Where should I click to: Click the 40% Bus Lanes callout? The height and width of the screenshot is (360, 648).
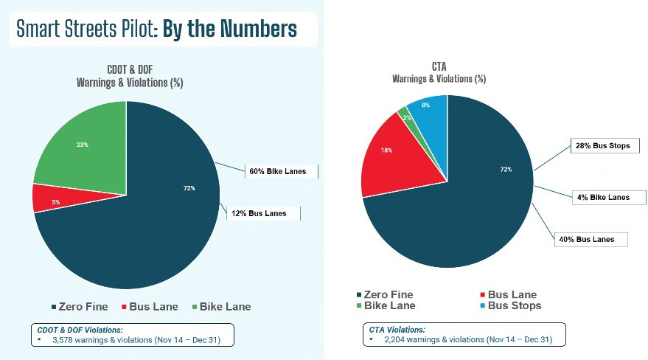coord(591,240)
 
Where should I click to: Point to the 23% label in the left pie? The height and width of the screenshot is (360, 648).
coord(82,145)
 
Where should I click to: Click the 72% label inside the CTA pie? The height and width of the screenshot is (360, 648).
coord(506,170)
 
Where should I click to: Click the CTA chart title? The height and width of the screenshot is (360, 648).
coord(439,67)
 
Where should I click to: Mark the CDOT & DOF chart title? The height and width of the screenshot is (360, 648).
coord(129,69)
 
